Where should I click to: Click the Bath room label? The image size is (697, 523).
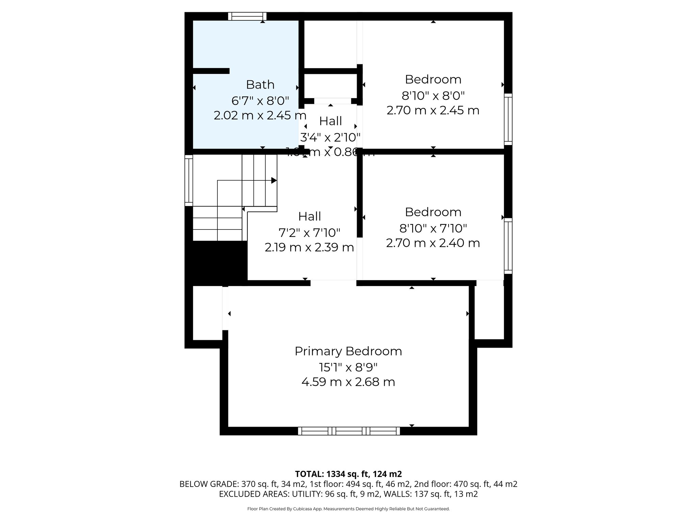coord(260,84)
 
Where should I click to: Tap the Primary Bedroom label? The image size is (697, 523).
coord(348,351)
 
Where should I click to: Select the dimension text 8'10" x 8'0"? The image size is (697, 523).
coord(433,96)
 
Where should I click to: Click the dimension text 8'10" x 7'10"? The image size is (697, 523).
coord(433,228)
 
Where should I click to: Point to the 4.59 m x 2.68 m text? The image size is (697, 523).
coord(348,382)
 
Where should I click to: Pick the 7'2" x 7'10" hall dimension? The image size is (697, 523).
coord(309,233)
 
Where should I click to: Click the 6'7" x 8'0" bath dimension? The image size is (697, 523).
coord(260,101)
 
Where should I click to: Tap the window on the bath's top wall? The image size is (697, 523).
coord(247,16)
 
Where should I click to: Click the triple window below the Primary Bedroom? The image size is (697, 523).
coord(349,431)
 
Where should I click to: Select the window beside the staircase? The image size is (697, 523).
coord(189,180)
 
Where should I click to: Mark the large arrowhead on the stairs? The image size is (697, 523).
coord(274,180)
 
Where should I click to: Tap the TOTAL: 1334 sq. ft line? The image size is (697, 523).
coord(348,474)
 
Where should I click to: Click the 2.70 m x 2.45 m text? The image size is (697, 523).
coord(433,110)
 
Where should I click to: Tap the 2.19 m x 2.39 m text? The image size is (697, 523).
coord(309,247)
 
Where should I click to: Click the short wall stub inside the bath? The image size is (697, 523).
coord(211,71)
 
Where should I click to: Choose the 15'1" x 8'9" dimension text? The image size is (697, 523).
coord(348,367)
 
